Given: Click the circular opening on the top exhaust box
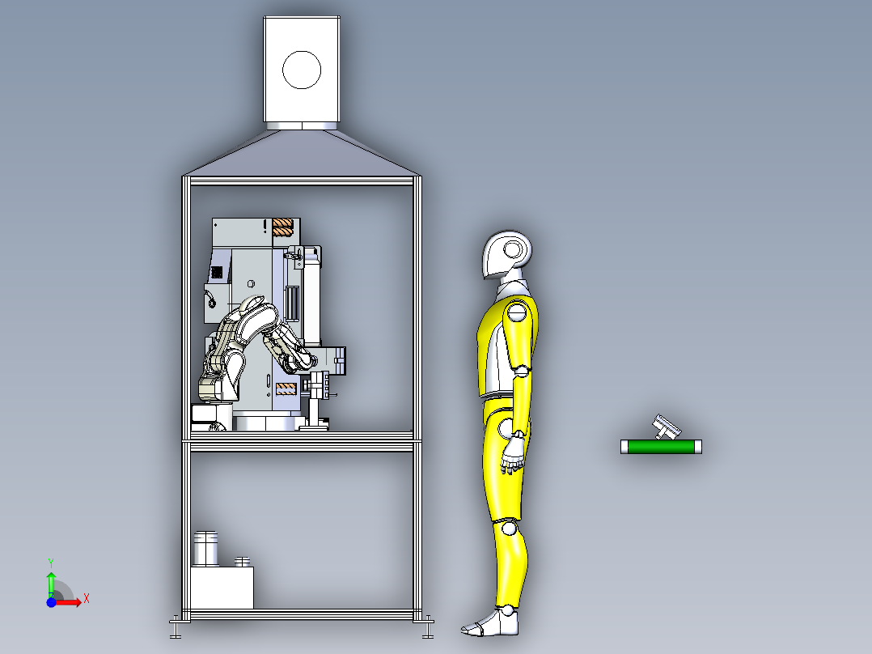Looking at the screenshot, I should (302, 70).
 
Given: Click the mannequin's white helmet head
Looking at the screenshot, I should (508, 254).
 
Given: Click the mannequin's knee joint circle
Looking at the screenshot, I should (508, 529).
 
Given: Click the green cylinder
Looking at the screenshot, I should (660, 446).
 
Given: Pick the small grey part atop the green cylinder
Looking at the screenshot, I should (667, 427).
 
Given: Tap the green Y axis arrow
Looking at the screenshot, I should (51, 580).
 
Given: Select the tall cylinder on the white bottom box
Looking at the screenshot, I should (205, 549).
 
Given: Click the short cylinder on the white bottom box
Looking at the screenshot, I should (241, 561).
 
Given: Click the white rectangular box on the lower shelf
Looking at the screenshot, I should (222, 588).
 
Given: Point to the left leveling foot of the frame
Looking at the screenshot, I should (176, 626).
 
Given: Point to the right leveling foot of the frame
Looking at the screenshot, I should (426, 626).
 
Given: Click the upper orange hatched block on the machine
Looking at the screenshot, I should (282, 227).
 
